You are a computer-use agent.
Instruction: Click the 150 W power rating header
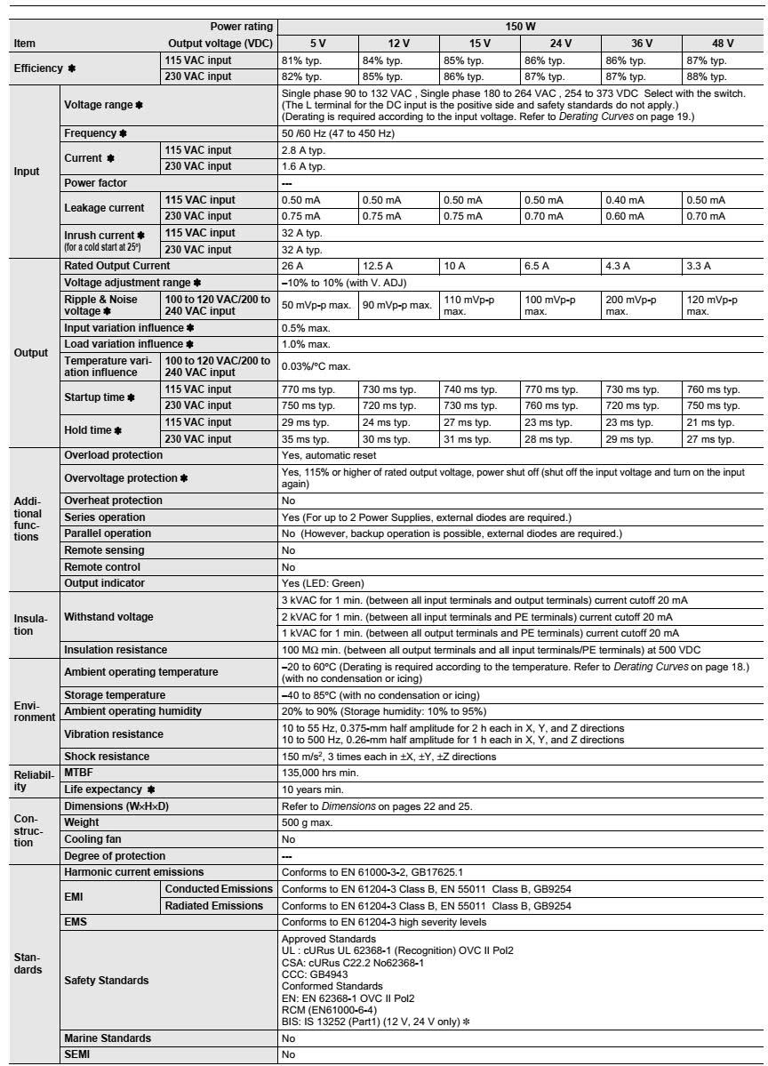pyautogui.click(x=519, y=28)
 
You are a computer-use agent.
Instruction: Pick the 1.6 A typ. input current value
pyautogui.click(x=300, y=166)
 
